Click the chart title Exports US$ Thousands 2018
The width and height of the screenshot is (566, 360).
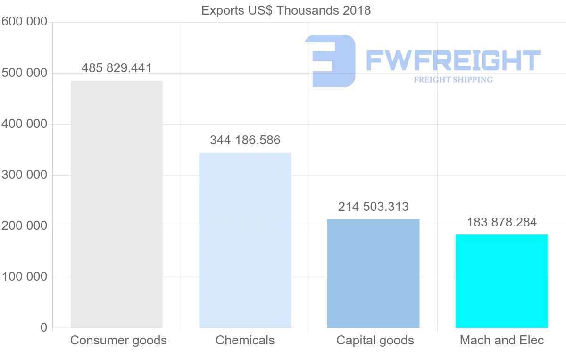pos(286,10)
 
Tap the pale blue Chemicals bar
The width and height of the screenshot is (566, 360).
pos(245,240)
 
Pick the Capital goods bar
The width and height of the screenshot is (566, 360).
pos(373,273)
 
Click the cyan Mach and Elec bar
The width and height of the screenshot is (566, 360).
pos(501,281)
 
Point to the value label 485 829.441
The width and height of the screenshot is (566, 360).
pos(117,68)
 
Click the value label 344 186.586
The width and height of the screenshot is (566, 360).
pos(245,140)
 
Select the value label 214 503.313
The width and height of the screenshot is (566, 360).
pos(373,207)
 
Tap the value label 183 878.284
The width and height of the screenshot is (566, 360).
pos(501,222)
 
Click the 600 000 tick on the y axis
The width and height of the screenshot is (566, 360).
pos(24,22)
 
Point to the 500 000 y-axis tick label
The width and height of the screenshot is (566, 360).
pos(24,73)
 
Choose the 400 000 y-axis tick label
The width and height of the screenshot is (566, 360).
pos(24,124)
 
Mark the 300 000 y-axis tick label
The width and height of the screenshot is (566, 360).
pos(24,175)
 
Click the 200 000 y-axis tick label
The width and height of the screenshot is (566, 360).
pos(24,226)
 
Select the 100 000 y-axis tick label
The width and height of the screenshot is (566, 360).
pos(24,277)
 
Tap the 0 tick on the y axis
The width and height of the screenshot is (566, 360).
pos(44,327)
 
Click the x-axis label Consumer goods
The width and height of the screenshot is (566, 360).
pos(118,340)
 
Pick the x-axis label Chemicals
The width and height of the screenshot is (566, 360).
pos(245,340)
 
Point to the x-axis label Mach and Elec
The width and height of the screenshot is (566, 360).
pos(502,340)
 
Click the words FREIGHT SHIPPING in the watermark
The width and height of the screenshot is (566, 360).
pos(453,80)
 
